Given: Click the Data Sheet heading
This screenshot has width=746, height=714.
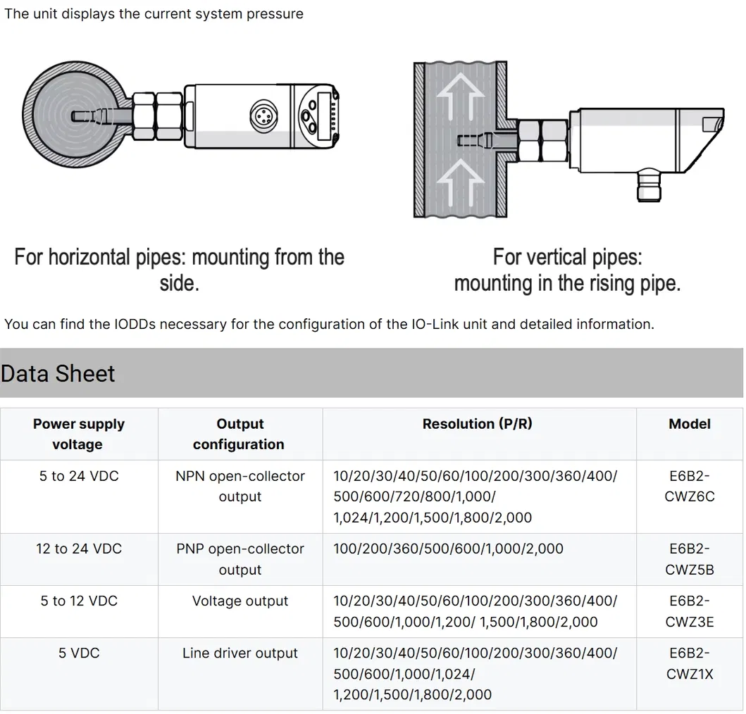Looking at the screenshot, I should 58,373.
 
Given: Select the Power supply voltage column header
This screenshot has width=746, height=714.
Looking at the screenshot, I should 78,434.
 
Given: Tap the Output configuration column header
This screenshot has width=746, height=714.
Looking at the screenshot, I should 240,434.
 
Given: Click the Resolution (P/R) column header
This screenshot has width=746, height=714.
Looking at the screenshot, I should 478,424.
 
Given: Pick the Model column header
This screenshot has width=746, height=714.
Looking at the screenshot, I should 689,424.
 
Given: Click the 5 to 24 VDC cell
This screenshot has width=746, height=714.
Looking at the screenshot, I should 78,476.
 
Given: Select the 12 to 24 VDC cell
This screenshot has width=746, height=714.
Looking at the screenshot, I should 78,549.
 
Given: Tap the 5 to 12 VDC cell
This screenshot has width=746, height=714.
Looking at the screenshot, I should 78,601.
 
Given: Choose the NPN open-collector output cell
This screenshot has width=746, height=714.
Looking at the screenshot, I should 240,486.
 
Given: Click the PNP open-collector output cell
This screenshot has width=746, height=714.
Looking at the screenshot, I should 240,559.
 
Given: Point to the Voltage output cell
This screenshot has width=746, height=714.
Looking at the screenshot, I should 240,601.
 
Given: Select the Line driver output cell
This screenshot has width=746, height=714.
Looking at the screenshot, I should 240,653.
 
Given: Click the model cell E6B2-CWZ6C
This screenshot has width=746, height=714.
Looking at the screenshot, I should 689,486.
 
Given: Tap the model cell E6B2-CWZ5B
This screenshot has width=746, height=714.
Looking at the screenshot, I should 689,559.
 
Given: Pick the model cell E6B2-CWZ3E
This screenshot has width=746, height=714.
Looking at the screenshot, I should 689,611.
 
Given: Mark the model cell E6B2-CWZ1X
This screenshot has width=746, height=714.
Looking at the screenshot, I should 689,663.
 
